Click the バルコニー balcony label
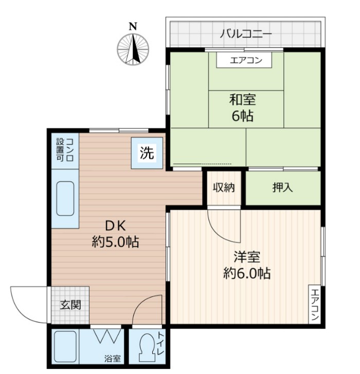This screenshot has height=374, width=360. point(246,34)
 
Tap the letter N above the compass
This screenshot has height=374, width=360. point(133,26)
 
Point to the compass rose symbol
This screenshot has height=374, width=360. point(133,49)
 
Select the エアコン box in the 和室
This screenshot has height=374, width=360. point(244,60)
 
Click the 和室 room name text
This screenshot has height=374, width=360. point(243,100)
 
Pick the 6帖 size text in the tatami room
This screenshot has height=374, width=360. point(243,116)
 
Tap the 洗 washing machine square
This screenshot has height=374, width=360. point(147,153)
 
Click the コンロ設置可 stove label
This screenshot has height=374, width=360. point(65,150)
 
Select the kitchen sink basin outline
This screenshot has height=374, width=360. point(65,198)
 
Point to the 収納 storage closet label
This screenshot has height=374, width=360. point(224,188)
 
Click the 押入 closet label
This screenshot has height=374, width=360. point(283,188)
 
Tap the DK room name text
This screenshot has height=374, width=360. point(116,226)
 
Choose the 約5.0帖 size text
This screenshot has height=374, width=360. point(116,242)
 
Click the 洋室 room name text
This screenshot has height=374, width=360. point(247,257)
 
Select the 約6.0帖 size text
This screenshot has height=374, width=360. point(247,273)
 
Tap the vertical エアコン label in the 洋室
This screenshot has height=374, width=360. point(315,305)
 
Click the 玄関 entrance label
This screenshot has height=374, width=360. point(70,305)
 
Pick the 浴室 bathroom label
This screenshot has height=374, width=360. point(113,359)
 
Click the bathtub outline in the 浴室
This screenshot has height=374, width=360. point(65,347)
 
